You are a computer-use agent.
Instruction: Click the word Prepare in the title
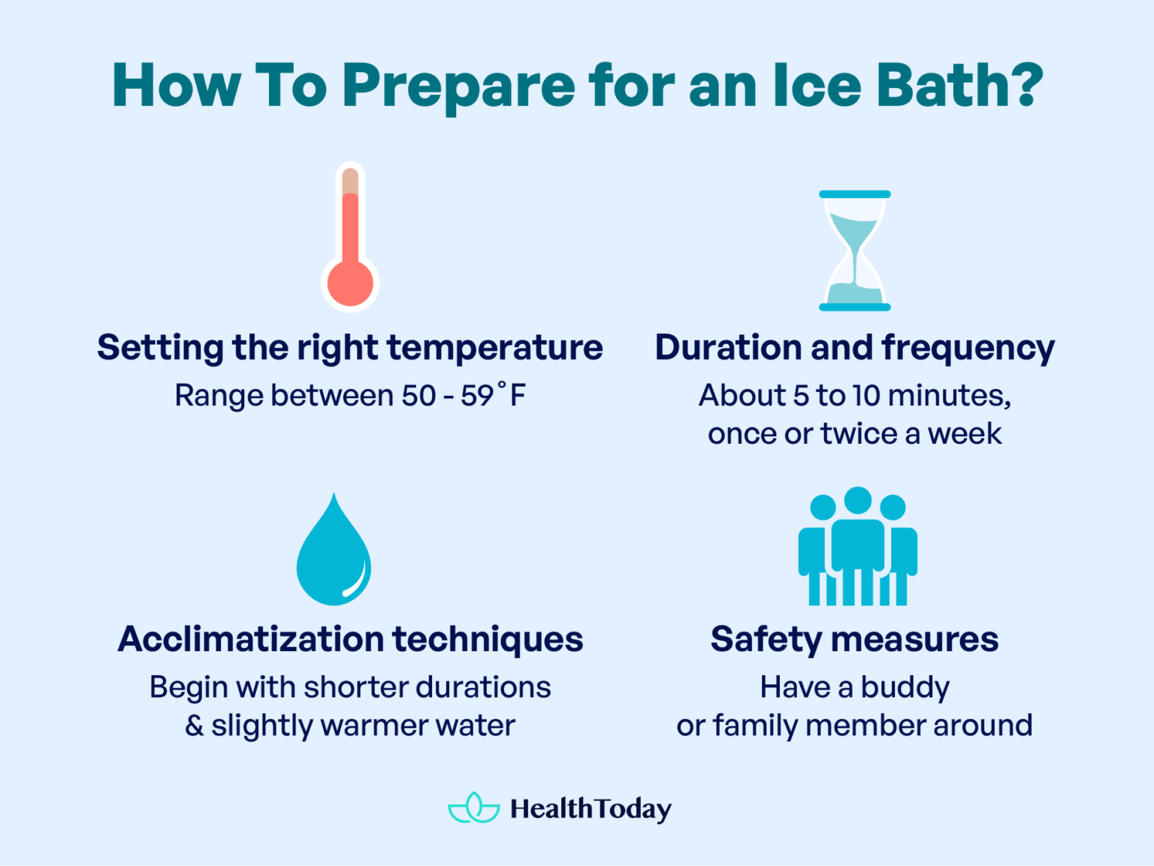pos(458,86)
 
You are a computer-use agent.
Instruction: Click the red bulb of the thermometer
pos(350,283)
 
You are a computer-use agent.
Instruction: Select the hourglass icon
pos(854,251)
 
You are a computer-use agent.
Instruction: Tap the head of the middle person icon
pos(857,500)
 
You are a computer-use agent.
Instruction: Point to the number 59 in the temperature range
pos(477,396)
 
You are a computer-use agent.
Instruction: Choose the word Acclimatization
pos(250,639)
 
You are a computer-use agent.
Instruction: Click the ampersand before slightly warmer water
pos(194,726)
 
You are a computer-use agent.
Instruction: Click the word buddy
pos(905,688)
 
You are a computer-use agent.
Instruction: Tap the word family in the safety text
pos(754,726)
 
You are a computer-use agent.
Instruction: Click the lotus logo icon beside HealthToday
pos(473,808)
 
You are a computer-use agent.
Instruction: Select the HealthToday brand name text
pos(591,809)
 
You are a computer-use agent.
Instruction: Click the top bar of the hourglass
pos(854,195)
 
